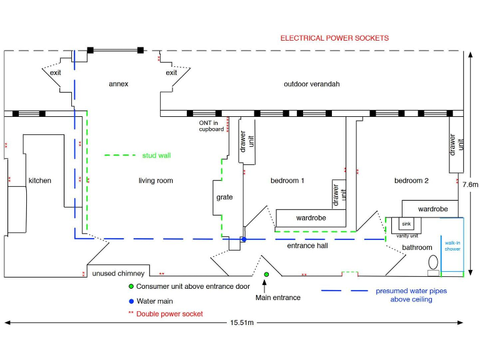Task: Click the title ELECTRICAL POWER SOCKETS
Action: click(x=334, y=38)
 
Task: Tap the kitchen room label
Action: click(x=39, y=181)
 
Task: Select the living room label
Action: click(x=156, y=181)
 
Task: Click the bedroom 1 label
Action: click(x=287, y=181)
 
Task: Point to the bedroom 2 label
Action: click(x=411, y=181)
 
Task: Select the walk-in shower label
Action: click(x=452, y=246)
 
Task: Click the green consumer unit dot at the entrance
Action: click(x=266, y=274)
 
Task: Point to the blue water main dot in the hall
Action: click(x=244, y=239)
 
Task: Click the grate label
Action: click(x=224, y=197)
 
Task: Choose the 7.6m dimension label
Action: click(x=470, y=184)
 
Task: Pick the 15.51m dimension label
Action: click(x=241, y=322)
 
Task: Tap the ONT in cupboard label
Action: click(x=211, y=126)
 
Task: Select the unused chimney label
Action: click(x=118, y=274)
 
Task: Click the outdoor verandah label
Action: click(x=311, y=84)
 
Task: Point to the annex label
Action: click(x=118, y=84)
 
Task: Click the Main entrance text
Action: click(x=278, y=297)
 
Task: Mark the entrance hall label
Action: click(x=307, y=246)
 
